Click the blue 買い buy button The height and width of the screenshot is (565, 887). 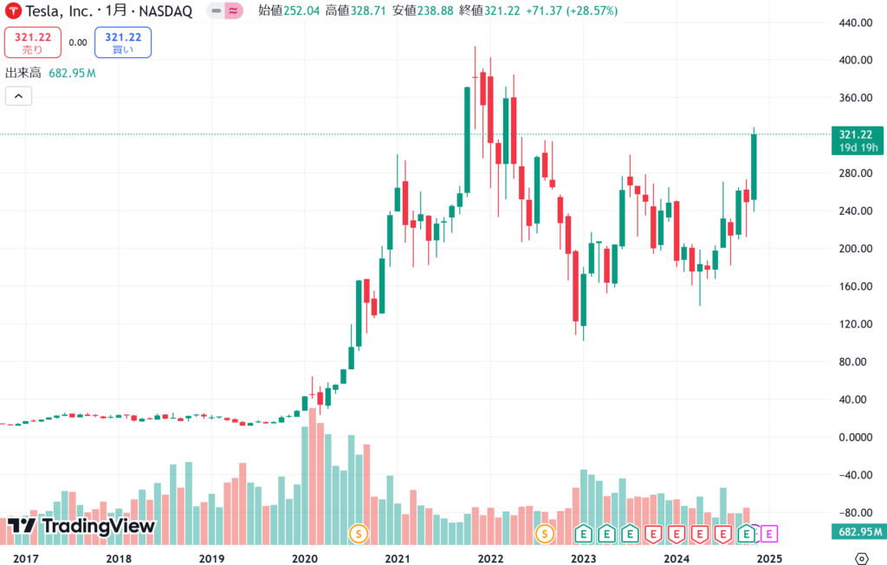click(123, 42)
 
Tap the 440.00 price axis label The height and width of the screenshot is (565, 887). click(854, 23)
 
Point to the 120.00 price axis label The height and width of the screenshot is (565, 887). click(854, 324)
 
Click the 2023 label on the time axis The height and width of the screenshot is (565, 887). click(584, 558)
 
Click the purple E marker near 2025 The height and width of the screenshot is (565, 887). click(769, 533)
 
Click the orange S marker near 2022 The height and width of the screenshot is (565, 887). click(544, 533)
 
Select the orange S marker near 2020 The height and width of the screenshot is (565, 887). click(358, 533)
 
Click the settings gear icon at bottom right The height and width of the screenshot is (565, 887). click(862, 558)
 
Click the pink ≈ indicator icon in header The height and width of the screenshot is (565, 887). click(233, 11)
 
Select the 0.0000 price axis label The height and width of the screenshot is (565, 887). click(854, 438)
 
